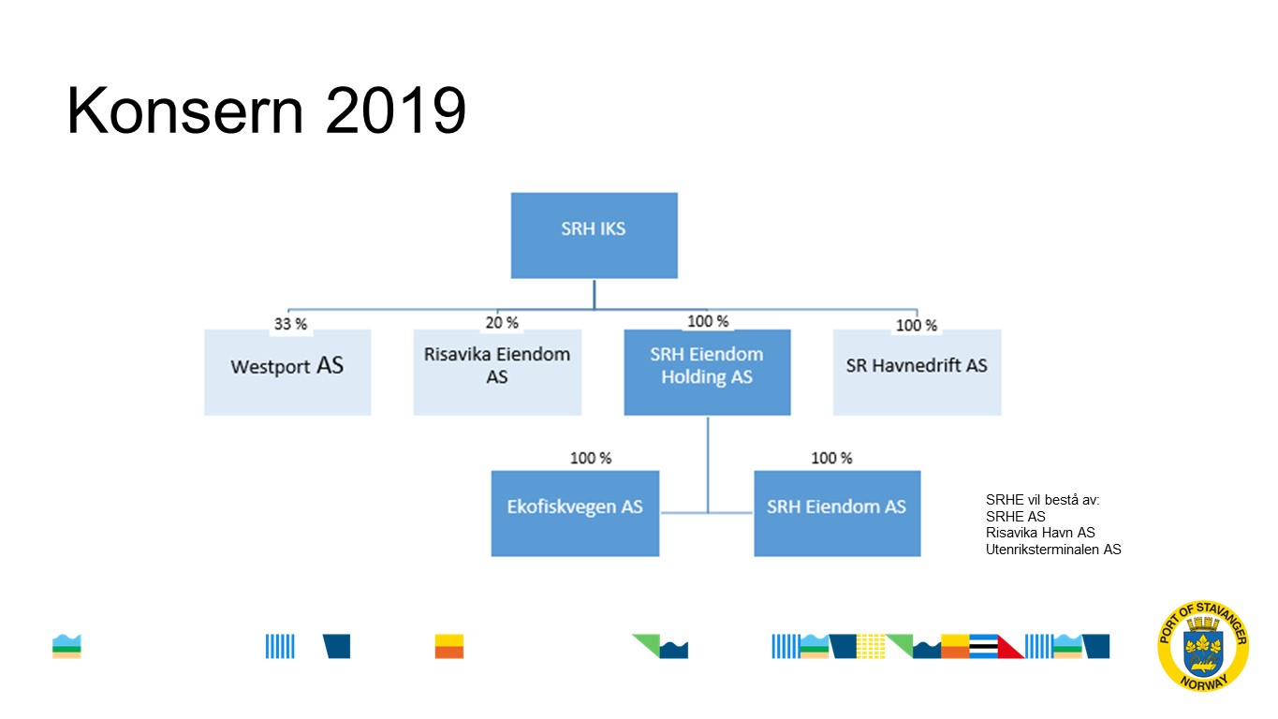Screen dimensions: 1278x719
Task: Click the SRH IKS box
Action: [x=594, y=235]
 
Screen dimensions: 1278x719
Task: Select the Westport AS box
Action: [x=287, y=372]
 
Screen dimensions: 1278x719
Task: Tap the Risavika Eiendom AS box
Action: [x=497, y=372]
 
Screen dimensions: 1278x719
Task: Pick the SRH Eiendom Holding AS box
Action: [x=707, y=372]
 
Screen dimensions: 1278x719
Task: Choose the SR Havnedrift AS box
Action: [x=917, y=372]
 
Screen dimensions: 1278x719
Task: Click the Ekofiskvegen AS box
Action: [x=575, y=513]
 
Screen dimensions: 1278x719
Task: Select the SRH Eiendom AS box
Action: [x=837, y=513]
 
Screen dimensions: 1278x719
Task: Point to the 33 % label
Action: [x=290, y=324]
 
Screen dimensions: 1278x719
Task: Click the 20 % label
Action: [x=502, y=323]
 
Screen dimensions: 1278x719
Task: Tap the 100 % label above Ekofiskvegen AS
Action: [x=591, y=458]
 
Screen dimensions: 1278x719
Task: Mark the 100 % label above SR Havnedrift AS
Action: [x=917, y=326]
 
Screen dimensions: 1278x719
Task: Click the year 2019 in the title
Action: [x=396, y=110]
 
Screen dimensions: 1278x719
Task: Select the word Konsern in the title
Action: [x=184, y=110]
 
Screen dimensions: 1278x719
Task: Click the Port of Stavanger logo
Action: [x=1203, y=646]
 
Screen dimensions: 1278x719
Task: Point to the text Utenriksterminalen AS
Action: [x=1053, y=550]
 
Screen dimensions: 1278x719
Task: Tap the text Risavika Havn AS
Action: [x=1040, y=533]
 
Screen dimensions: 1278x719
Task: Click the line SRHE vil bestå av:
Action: [x=1042, y=500]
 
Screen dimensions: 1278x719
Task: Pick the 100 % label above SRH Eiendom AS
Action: [x=831, y=458]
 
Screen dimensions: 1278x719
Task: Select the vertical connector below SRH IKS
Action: [x=594, y=295]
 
